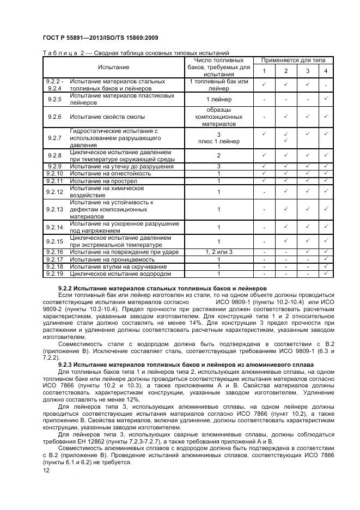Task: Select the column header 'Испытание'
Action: pos(114,67)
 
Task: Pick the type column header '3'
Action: pos(307,72)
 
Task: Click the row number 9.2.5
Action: pos(54,99)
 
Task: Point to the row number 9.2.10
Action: pos(54,173)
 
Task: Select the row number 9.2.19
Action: pos(54,274)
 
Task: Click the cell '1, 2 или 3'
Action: pos(218,252)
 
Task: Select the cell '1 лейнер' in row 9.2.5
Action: pos(218,99)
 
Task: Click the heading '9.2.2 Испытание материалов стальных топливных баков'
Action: pos(162,287)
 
